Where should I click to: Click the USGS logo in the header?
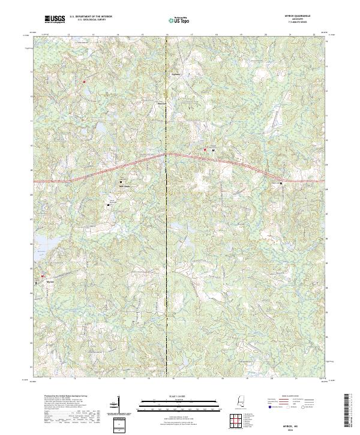point(55,20)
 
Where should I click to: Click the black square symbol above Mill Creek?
point(122,181)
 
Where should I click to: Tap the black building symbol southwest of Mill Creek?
point(109,205)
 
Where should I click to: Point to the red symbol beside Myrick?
point(43,276)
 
